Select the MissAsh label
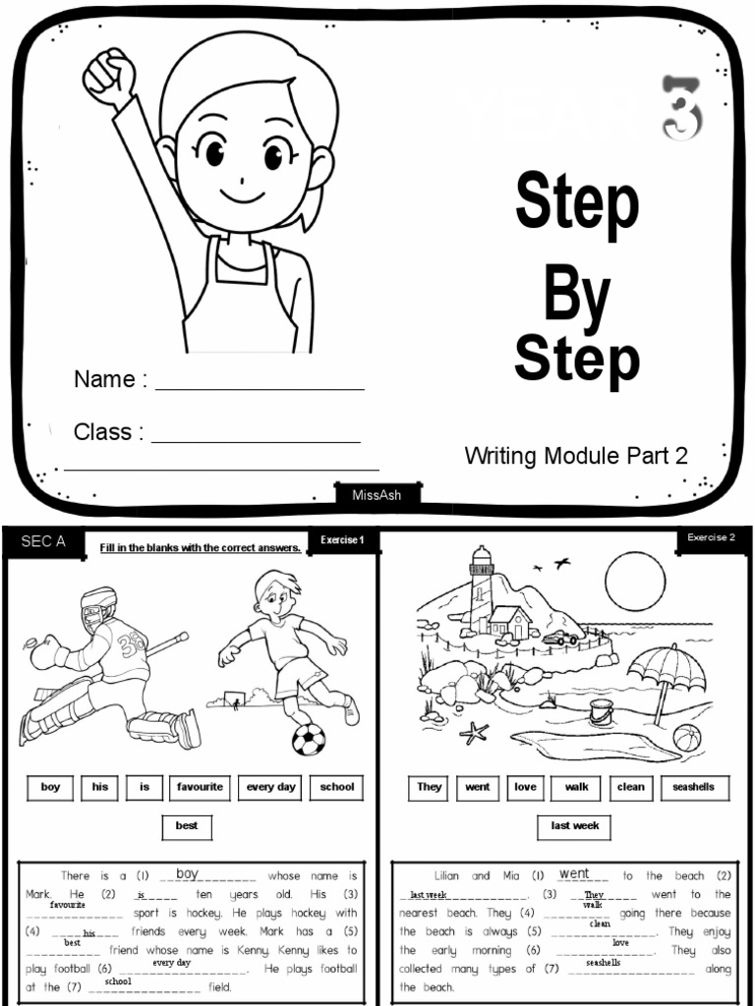click(377, 494)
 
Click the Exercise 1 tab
click(342, 540)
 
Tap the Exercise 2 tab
click(711, 537)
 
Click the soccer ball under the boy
click(309, 739)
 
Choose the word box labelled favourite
click(201, 788)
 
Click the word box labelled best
click(187, 827)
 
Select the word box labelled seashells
click(694, 788)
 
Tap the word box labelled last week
click(574, 827)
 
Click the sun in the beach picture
click(635, 582)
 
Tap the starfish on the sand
click(475, 732)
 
